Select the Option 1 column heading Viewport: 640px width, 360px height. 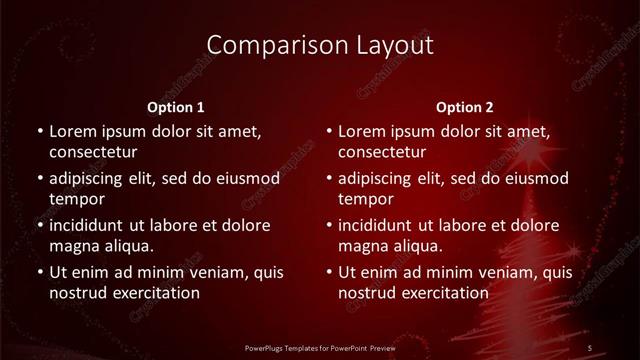pyautogui.click(x=176, y=106)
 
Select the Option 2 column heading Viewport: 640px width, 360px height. pyautogui.click(x=465, y=106)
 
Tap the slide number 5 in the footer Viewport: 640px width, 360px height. pyautogui.click(x=590, y=346)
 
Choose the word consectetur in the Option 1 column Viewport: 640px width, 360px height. pyautogui.click(x=93, y=153)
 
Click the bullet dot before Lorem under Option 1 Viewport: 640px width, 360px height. pyautogui.click(x=39, y=132)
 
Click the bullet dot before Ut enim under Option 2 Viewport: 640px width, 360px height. pyautogui.click(x=329, y=272)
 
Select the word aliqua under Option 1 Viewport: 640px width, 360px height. pyautogui.click(x=124, y=246)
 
